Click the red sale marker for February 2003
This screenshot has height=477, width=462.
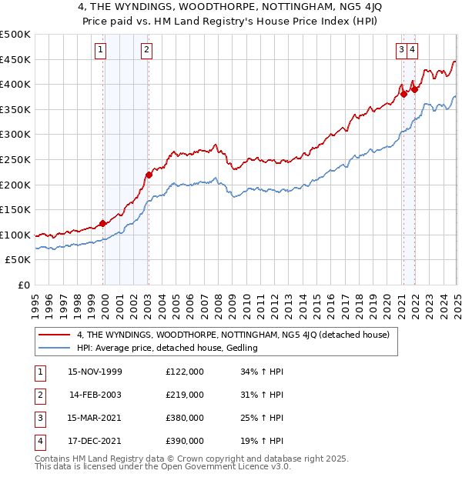[149, 175]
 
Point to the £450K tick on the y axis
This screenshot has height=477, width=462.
[16, 59]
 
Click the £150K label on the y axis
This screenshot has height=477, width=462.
[16, 209]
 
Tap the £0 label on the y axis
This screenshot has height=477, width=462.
[24, 285]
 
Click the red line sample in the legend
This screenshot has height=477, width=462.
[55, 335]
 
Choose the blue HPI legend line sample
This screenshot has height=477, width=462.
[55, 348]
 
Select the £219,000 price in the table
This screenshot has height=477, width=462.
[185, 395]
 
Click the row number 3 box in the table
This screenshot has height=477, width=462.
[38, 419]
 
